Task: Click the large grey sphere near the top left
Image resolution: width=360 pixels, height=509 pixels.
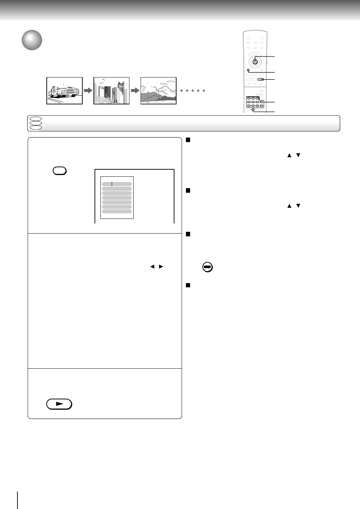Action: pyautogui.click(x=32, y=40)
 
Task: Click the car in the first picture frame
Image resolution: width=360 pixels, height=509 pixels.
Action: pyautogui.click(x=63, y=91)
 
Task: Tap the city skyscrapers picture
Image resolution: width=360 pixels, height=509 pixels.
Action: pyautogui.click(x=111, y=91)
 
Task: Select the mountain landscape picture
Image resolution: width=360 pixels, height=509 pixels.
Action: pyautogui.click(x=158, y=91)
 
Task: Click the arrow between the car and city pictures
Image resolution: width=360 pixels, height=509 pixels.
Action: pyautogui.click(x=88, y=91)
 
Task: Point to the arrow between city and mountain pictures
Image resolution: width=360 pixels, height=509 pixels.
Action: pyautogui.click(x=135, y=91)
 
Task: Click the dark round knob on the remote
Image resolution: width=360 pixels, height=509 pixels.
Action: pyautogui.click(x=255, y=61)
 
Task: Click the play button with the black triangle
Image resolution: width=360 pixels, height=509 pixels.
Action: pyautogui.click(x=59, y=404)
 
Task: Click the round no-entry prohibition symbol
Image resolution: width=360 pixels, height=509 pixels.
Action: pyautogui.click(x=208, y=267)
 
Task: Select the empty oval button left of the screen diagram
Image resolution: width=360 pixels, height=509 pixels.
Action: pyautogui.click(x=60, y=171)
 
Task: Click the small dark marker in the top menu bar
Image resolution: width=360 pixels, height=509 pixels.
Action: pyautogui.click(x=112, y=184)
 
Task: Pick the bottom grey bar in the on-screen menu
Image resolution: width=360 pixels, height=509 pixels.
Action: pyautogui.click(x=117, y=211)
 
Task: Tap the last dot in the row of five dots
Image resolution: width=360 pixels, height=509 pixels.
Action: pyautogui.click(x=204, y=91)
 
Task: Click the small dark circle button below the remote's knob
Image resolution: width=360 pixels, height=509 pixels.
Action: pyautogui.click(x=248, y=71)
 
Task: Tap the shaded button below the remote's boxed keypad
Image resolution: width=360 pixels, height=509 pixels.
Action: pyautogui.click(x=253, y=110)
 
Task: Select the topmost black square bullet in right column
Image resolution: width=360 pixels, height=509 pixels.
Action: pyautogui.click(x=188, y=140)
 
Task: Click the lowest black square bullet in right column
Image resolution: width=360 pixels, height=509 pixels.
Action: pyautogui.click(x=188, y=285)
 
